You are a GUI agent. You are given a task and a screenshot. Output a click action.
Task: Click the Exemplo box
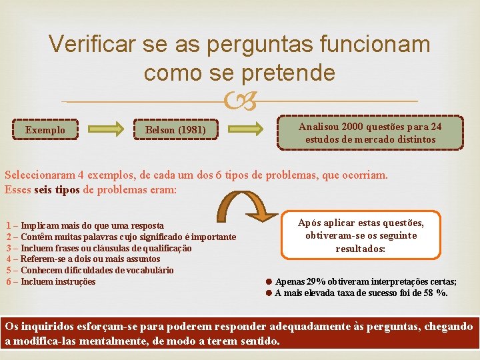point(45,129)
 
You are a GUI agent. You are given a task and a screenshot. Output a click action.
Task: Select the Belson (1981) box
point(175,129)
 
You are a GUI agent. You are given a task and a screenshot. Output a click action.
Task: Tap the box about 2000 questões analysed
point(370,133)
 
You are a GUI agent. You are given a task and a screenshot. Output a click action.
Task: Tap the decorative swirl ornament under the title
point(240,101)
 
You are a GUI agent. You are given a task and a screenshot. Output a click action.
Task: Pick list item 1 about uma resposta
point(84,225)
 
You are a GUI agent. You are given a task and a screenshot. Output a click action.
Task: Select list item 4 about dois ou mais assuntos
point(83,259)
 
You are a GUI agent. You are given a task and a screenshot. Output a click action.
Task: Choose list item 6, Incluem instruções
point(51,281)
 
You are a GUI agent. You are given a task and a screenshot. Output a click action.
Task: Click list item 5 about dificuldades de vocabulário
point(89,270)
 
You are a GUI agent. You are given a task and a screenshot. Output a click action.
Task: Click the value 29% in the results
point(317,282)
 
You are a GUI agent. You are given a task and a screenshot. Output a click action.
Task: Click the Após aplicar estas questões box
point(361,235)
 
